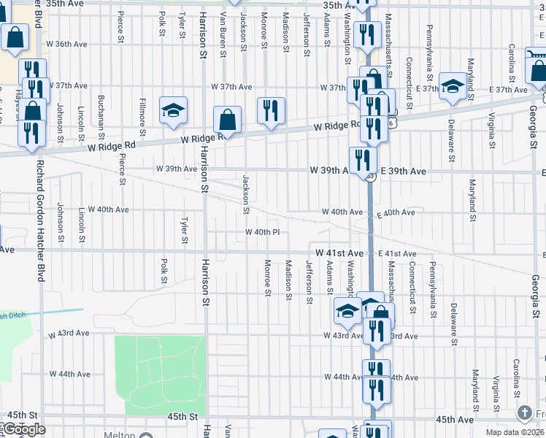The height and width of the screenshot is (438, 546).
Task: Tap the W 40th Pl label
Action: point(262,233)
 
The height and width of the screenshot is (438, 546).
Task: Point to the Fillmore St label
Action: point(144,118)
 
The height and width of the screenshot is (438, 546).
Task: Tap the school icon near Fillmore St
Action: point(173,110)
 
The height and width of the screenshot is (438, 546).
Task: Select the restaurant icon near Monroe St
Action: point(270,110)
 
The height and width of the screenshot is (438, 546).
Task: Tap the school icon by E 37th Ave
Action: point(453,86)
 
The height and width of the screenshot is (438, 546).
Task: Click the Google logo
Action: point(24,429)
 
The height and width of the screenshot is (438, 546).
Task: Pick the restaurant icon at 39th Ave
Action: point(362,159)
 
